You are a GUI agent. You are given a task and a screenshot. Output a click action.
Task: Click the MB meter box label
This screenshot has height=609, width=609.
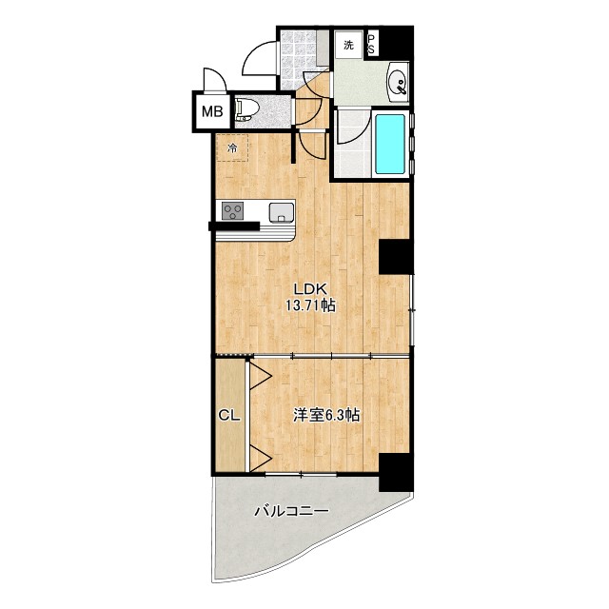pos(212,112)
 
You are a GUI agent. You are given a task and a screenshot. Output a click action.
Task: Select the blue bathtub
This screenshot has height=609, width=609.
pos(390,144)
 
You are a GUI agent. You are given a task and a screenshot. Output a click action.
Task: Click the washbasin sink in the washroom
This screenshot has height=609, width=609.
pos(398,83)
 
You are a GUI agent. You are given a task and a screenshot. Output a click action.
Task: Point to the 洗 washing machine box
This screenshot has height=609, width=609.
pos(349,45)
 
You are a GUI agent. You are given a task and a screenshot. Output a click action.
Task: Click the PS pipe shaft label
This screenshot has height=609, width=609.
pos(372,45)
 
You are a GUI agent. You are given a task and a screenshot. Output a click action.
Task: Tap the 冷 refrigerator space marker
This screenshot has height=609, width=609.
pos(232,148)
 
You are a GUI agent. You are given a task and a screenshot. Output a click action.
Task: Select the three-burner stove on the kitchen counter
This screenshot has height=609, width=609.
pos(232,211)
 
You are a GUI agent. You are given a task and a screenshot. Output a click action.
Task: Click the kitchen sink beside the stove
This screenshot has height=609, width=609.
pos(282,212)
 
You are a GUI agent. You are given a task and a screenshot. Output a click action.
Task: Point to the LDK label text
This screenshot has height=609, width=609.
pos(311,288)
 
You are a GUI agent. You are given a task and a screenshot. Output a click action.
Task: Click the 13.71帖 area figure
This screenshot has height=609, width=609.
pos(311,306)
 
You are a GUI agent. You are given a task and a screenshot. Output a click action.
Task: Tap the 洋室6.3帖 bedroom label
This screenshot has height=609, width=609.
pos(326,416)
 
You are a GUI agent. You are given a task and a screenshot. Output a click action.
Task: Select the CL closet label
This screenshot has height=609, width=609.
pos(229,416)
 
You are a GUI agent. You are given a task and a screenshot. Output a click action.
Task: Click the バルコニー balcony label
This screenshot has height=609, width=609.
pos(291,511)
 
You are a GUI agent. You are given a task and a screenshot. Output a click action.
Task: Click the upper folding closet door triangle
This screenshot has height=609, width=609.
pos(260,376)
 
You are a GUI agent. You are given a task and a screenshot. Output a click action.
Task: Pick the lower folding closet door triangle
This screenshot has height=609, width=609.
pos(260,458)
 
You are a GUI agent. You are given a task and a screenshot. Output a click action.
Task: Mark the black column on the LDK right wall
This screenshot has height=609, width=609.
pos(394,257)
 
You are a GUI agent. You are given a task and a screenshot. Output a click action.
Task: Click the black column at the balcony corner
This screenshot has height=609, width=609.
pos(396,472)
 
